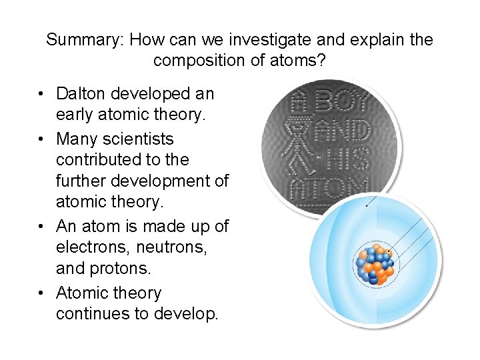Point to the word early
76,114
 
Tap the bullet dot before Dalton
41,93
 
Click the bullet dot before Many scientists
41,140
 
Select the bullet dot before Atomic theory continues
41,293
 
